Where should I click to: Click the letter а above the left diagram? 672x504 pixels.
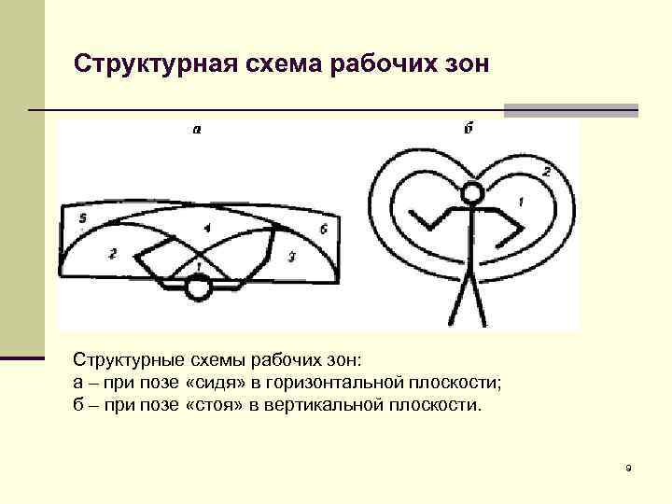pos(196,132)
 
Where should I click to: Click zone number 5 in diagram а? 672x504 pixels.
pos(83,219)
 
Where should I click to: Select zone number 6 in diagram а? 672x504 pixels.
pos(323,230)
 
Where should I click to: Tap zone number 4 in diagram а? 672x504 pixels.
pos(206,228)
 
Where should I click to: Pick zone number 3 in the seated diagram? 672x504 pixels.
pos(291,256)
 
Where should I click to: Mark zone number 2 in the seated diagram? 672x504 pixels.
pos(112,253)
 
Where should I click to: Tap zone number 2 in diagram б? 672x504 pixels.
pos(546,172)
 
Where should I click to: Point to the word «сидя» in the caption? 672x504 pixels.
pos(217,383)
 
